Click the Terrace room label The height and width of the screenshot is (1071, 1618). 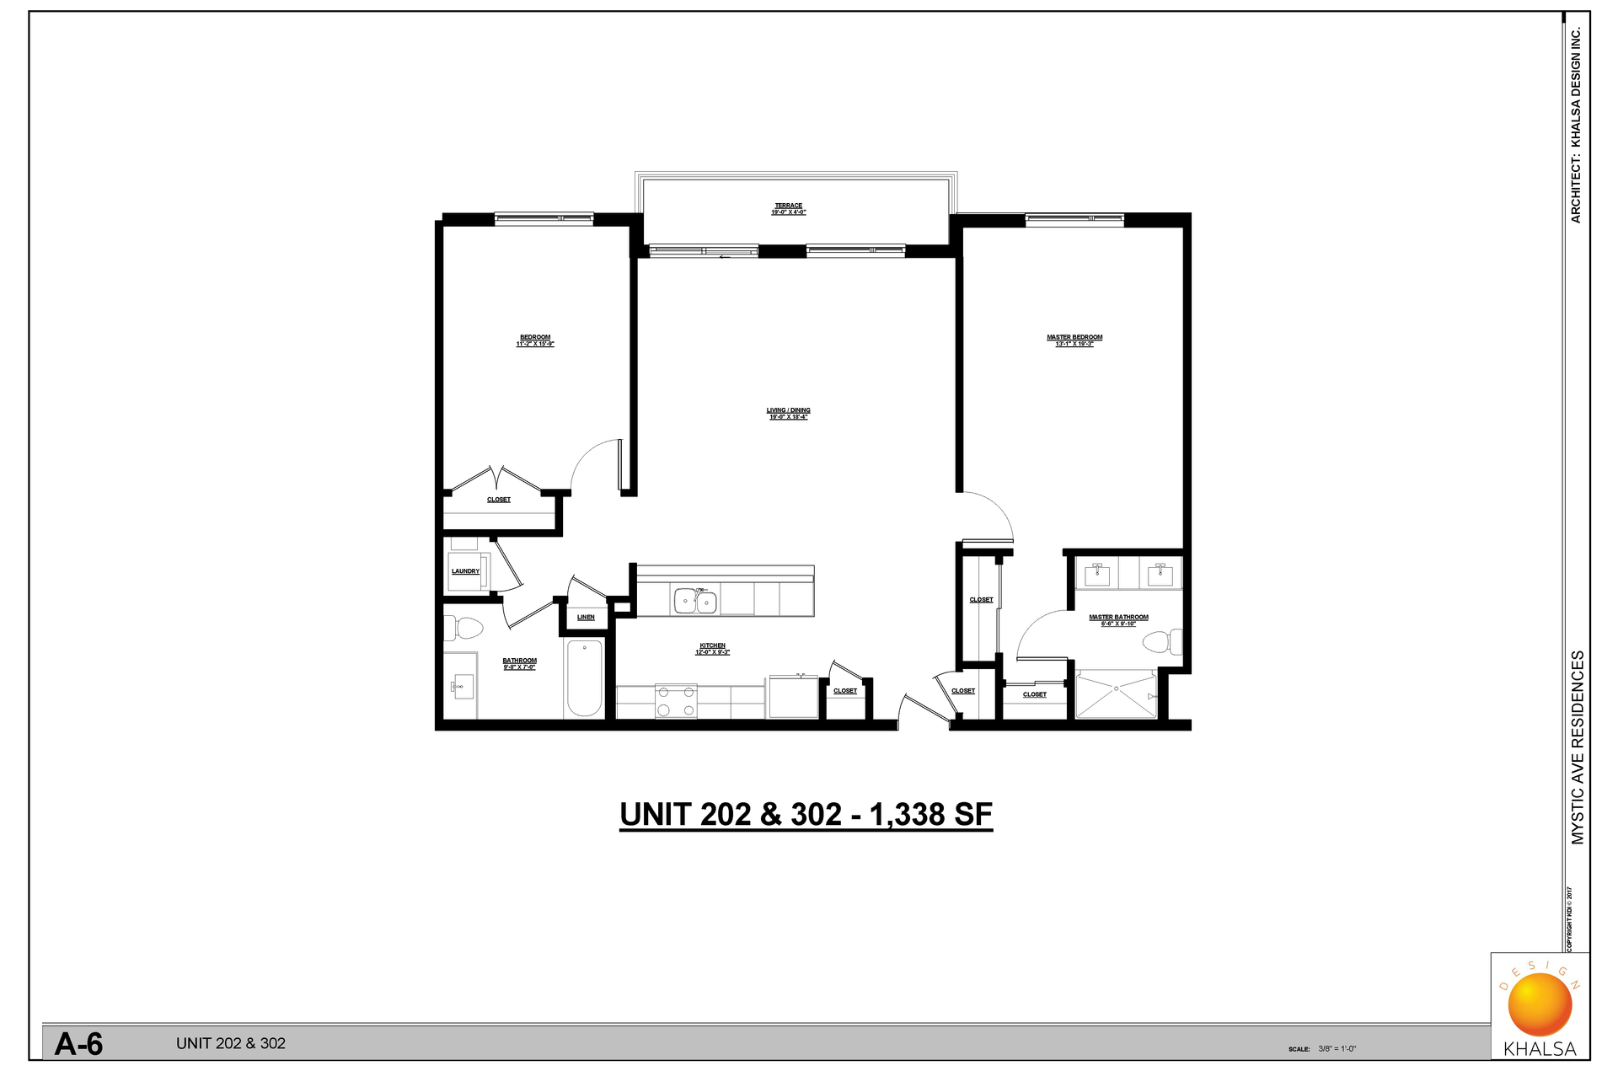pyautogui.click(x=788, y=206)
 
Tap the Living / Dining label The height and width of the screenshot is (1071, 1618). pyautogui.click(x=788, y=410)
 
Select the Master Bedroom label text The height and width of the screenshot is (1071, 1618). pyautogui.click(x=1074, y=338)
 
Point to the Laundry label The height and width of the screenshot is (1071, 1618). pyautogui.click(x=465, y=571)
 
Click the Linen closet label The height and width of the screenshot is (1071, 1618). pyautogui.click(x=586, y=618)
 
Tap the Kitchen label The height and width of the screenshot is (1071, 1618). pyautogui.click(x=712, y=646)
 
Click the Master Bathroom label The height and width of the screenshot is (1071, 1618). pyautogui.click(x=1118, y=618)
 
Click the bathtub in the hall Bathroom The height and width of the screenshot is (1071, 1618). pyautogui.click(x=584, y=677)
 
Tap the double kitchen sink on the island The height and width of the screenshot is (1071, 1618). pyautogui.click(x=695, y=602)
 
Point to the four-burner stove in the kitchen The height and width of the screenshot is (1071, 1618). pyautogui.click(x=676, y=701)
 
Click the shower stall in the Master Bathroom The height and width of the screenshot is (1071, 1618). pyautogui.click(x=1116, y=694)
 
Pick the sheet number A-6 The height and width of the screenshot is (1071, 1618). pyautogui.click(x=79, y=1044)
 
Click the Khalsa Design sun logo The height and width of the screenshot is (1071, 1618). pyautogui.click(x=1540, y=1004)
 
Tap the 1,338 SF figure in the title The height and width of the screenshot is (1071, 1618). pyautogui.click(x=930, y=815)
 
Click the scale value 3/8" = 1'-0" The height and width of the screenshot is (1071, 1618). pyautogui.click(x=1337, y=1049)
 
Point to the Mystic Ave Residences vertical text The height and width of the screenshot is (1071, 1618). pyautogui.click(x=1578, y=747)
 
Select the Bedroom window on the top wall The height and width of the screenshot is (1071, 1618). pyautogui.click(x=544, y=218)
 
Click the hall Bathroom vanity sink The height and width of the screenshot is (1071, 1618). pyautogui.click(x=460, y=687)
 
